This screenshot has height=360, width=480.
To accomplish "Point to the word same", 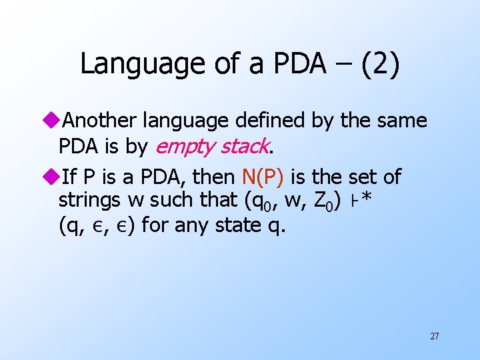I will click(402, 121).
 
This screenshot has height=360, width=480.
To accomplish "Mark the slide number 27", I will click(434, 336).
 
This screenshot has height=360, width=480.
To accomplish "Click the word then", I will click(215, 177).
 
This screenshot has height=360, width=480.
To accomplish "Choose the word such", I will click(179, 199).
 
